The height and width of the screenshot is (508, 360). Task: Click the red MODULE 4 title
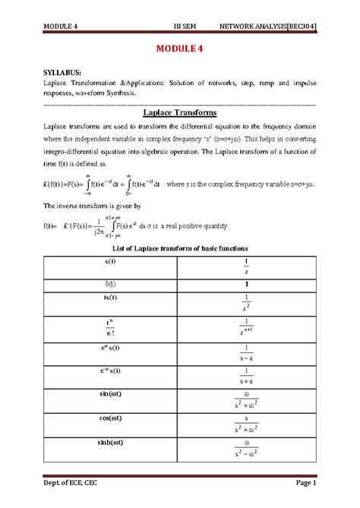[180, 50]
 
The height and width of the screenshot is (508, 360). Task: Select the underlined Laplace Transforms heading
[181, 112]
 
